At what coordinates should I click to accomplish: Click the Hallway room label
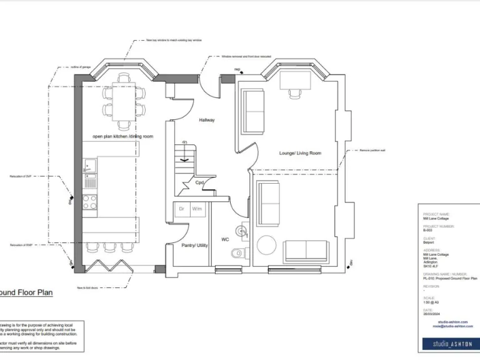(x=207, y=119)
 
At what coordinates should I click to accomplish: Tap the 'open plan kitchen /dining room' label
(x=123, y=136)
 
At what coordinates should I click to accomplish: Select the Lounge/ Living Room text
(x=300, y=153)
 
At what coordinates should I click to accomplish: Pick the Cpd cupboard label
(x=200, y=183)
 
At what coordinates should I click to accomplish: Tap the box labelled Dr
(x=181, y=209)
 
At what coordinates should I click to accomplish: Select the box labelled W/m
(x=197, y=209)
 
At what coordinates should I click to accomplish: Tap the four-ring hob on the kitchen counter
(x=89, y=202)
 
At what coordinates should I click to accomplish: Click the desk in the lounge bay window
(x=296, y=81)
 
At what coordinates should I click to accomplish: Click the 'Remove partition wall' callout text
(x=373, y=151)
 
